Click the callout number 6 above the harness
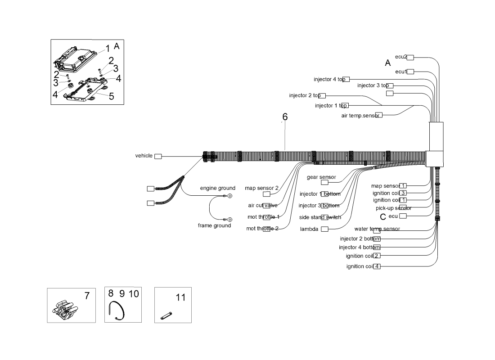point(285,117)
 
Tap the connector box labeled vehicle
point(158,156)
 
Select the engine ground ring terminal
point(230,196)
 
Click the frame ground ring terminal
point(230,219)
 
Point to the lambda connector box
point(324,229)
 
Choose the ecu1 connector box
point(410,72)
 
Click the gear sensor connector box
point(324,183)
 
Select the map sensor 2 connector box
point(266,194)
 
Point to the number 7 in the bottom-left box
point(87,296)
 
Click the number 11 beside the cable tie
point(180,297)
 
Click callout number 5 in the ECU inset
point(111,96)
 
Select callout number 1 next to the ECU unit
point(108,48)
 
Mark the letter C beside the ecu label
point(383,217)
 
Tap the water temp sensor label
point(377,229)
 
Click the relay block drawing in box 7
point(65,310)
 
